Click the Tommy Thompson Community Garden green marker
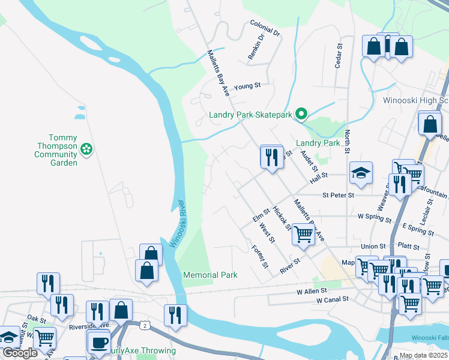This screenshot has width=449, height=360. point(87,148)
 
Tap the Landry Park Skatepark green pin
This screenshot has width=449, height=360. point(302,114)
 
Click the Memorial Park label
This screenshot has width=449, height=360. point(210,275)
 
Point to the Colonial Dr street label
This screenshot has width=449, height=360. point(265,28)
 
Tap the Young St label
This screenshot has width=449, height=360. point(247,86)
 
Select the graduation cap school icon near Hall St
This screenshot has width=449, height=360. point(361,173)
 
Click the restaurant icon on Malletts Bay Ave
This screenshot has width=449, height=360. point(272,157)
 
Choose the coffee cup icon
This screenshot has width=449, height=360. point(98,343)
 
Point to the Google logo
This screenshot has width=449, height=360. point(20,353)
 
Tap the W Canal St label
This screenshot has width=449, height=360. point(332,299)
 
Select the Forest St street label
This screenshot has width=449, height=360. point(259,257)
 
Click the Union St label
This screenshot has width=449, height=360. point(373,246)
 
